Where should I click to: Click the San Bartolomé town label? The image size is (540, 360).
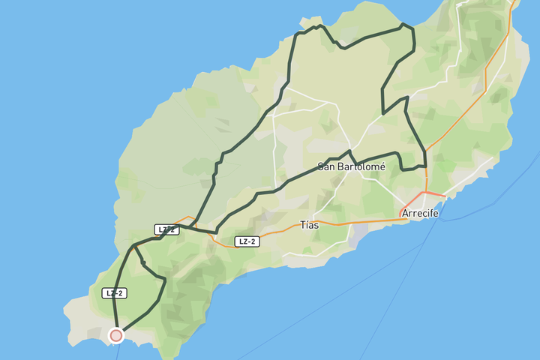(x=351, y=166)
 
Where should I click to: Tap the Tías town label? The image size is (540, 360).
(x=309, y=224)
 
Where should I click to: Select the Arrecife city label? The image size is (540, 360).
(x=420, y=213)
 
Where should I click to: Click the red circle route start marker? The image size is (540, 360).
(x=115, y=335)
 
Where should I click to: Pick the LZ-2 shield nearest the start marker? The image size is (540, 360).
(x=114, y=293)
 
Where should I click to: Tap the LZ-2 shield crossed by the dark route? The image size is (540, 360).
(x=167, y=229)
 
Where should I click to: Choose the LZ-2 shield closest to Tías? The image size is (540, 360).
(x=247, y=241)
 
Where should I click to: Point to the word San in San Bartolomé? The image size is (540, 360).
(x=327, y=166)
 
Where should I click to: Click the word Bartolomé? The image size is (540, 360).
(x=362, y=166)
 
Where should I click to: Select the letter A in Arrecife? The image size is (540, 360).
(x=406, y=213)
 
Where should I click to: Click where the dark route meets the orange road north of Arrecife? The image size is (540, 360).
(x=426, y=152)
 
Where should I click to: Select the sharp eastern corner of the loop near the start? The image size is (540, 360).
(x=164, y=280)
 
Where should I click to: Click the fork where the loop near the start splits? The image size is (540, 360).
(x=134, y=246)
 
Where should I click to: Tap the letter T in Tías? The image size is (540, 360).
(x=302, y=224)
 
